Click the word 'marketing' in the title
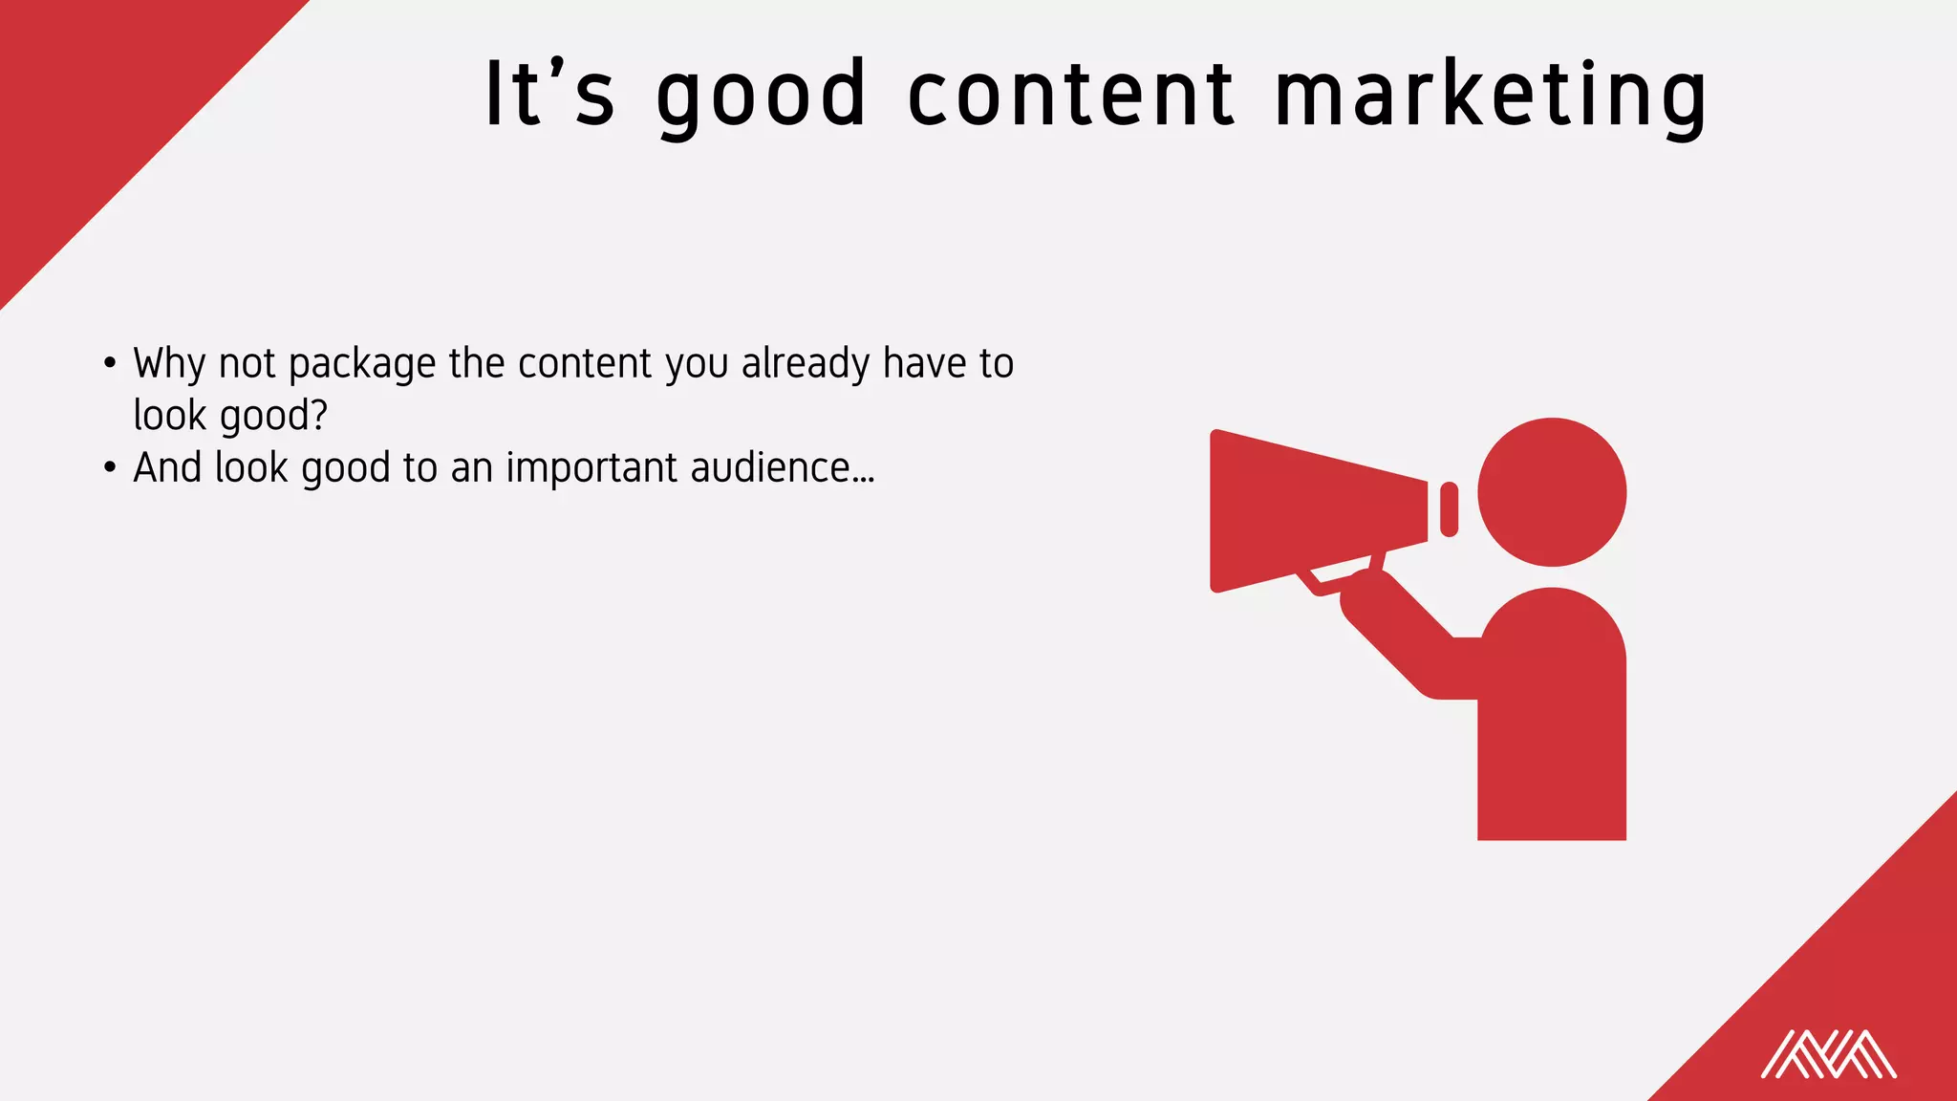[1491, 96]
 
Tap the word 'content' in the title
[1070, 96]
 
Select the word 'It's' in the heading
[549, 96]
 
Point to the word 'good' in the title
[762, 96]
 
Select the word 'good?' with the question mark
[274, 417]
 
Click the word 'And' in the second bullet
[168, 468]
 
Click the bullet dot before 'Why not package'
[111, 364]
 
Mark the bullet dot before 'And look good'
[111, 468]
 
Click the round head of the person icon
[1551, 492]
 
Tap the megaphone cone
[1314, 511]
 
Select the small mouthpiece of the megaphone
[1449, 509]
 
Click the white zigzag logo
[1828, 1054]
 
